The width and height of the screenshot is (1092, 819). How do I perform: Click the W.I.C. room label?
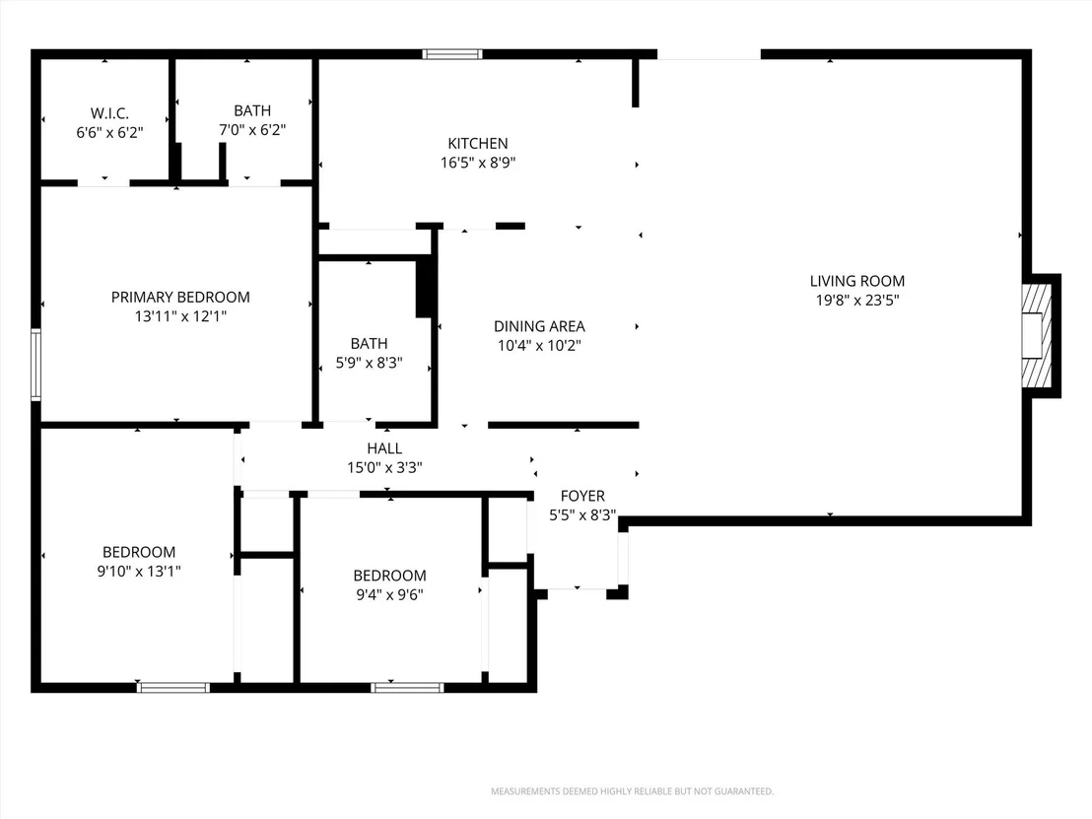pyautogui.click(x=109, y=113)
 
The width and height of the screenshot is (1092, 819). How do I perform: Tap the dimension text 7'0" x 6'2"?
pyautogui.click(x=252, y=129)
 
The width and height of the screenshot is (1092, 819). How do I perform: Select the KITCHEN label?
pyautogui.click(x=478, y=144)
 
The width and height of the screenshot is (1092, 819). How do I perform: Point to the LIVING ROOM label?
pyautogui.click(x=857, y=281)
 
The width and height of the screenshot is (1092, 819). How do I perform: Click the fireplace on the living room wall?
pyautogui.click(x=1036, y=336)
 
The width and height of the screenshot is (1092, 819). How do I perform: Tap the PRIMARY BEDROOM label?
pyautogui.click(x=180, y=298)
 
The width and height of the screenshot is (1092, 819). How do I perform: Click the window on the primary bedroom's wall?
pyautogui.click(x=36, y=365)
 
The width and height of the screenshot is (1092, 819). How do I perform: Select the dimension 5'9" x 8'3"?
pyautogui.click(x=370, y=363)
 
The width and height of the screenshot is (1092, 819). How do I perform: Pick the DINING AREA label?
pyautogui.click(x=539, y=326)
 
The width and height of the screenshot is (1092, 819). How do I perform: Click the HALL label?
pyautogui.click(x=384, y=448)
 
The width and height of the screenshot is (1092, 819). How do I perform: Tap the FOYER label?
pyautogui.click(x=582, y=496)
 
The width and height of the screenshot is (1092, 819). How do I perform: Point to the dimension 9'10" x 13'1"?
pyautogui.click(x=139, y=571)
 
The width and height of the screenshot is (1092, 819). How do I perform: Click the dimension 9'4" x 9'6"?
pyautogui.click(x=389, y=594)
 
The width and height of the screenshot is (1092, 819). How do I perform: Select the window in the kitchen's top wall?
pyautogui.click(x=452, y=54)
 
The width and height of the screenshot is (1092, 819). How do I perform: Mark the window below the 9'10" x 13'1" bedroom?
pyautogui.click(x=173, y=687)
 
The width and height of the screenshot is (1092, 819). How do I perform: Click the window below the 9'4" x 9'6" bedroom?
pyautogui.click(x=407, y=687)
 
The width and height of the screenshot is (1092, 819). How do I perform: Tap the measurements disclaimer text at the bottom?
pyautogui.click(x=633, y=791)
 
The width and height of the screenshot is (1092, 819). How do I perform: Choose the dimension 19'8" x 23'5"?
pyautogui.click(x=857, y=301)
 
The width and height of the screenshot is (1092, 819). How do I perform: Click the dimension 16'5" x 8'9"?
pyautogui.click(x=478, y=163)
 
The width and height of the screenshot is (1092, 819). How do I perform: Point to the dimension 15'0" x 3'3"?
pyautogui.click(x=384, y=467)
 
